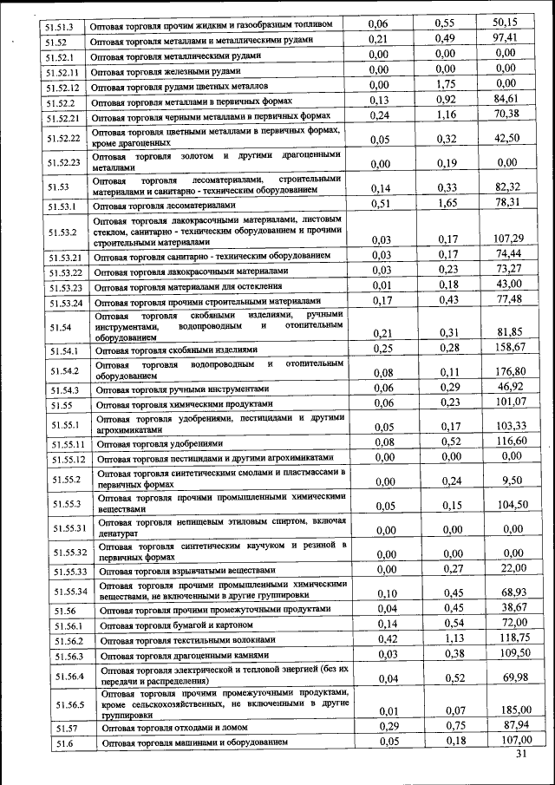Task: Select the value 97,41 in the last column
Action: (x=505, y=39)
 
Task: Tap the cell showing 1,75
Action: (x=447, y=85)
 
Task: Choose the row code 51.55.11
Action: (x=66, y=443)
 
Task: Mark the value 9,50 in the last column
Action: (x=512, y=480)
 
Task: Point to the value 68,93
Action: (x=512, y=592)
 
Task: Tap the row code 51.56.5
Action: (x=68, y=705)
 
